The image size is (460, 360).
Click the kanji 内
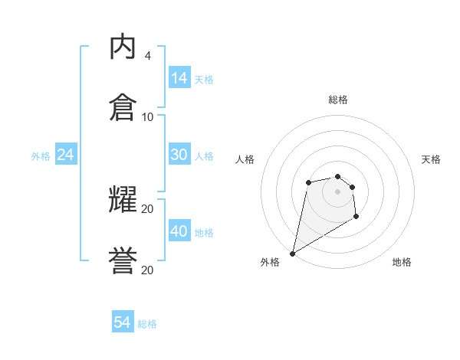(123, 47)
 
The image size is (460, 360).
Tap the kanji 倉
(123, 107)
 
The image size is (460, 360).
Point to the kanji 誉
(123, 260)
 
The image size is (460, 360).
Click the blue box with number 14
(179, 77)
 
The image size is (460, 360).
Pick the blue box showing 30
(179, 155)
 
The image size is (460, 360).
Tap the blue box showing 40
(179, 231)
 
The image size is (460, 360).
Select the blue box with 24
(65, 155)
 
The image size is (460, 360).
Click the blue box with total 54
(122, 322)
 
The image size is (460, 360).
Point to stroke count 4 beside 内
(147, 56)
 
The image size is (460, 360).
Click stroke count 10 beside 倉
(147, 116)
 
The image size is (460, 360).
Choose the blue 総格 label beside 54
(147, 324)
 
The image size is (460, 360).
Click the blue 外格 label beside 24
(41, 156)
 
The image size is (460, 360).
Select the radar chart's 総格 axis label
(338, 100)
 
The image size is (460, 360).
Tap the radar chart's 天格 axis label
(431, 159)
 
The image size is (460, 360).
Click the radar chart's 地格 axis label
(402, 262)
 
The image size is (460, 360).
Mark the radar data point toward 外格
(292, 253)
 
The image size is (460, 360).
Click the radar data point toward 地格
(356, 218)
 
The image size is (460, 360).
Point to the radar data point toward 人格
(308, 182)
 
